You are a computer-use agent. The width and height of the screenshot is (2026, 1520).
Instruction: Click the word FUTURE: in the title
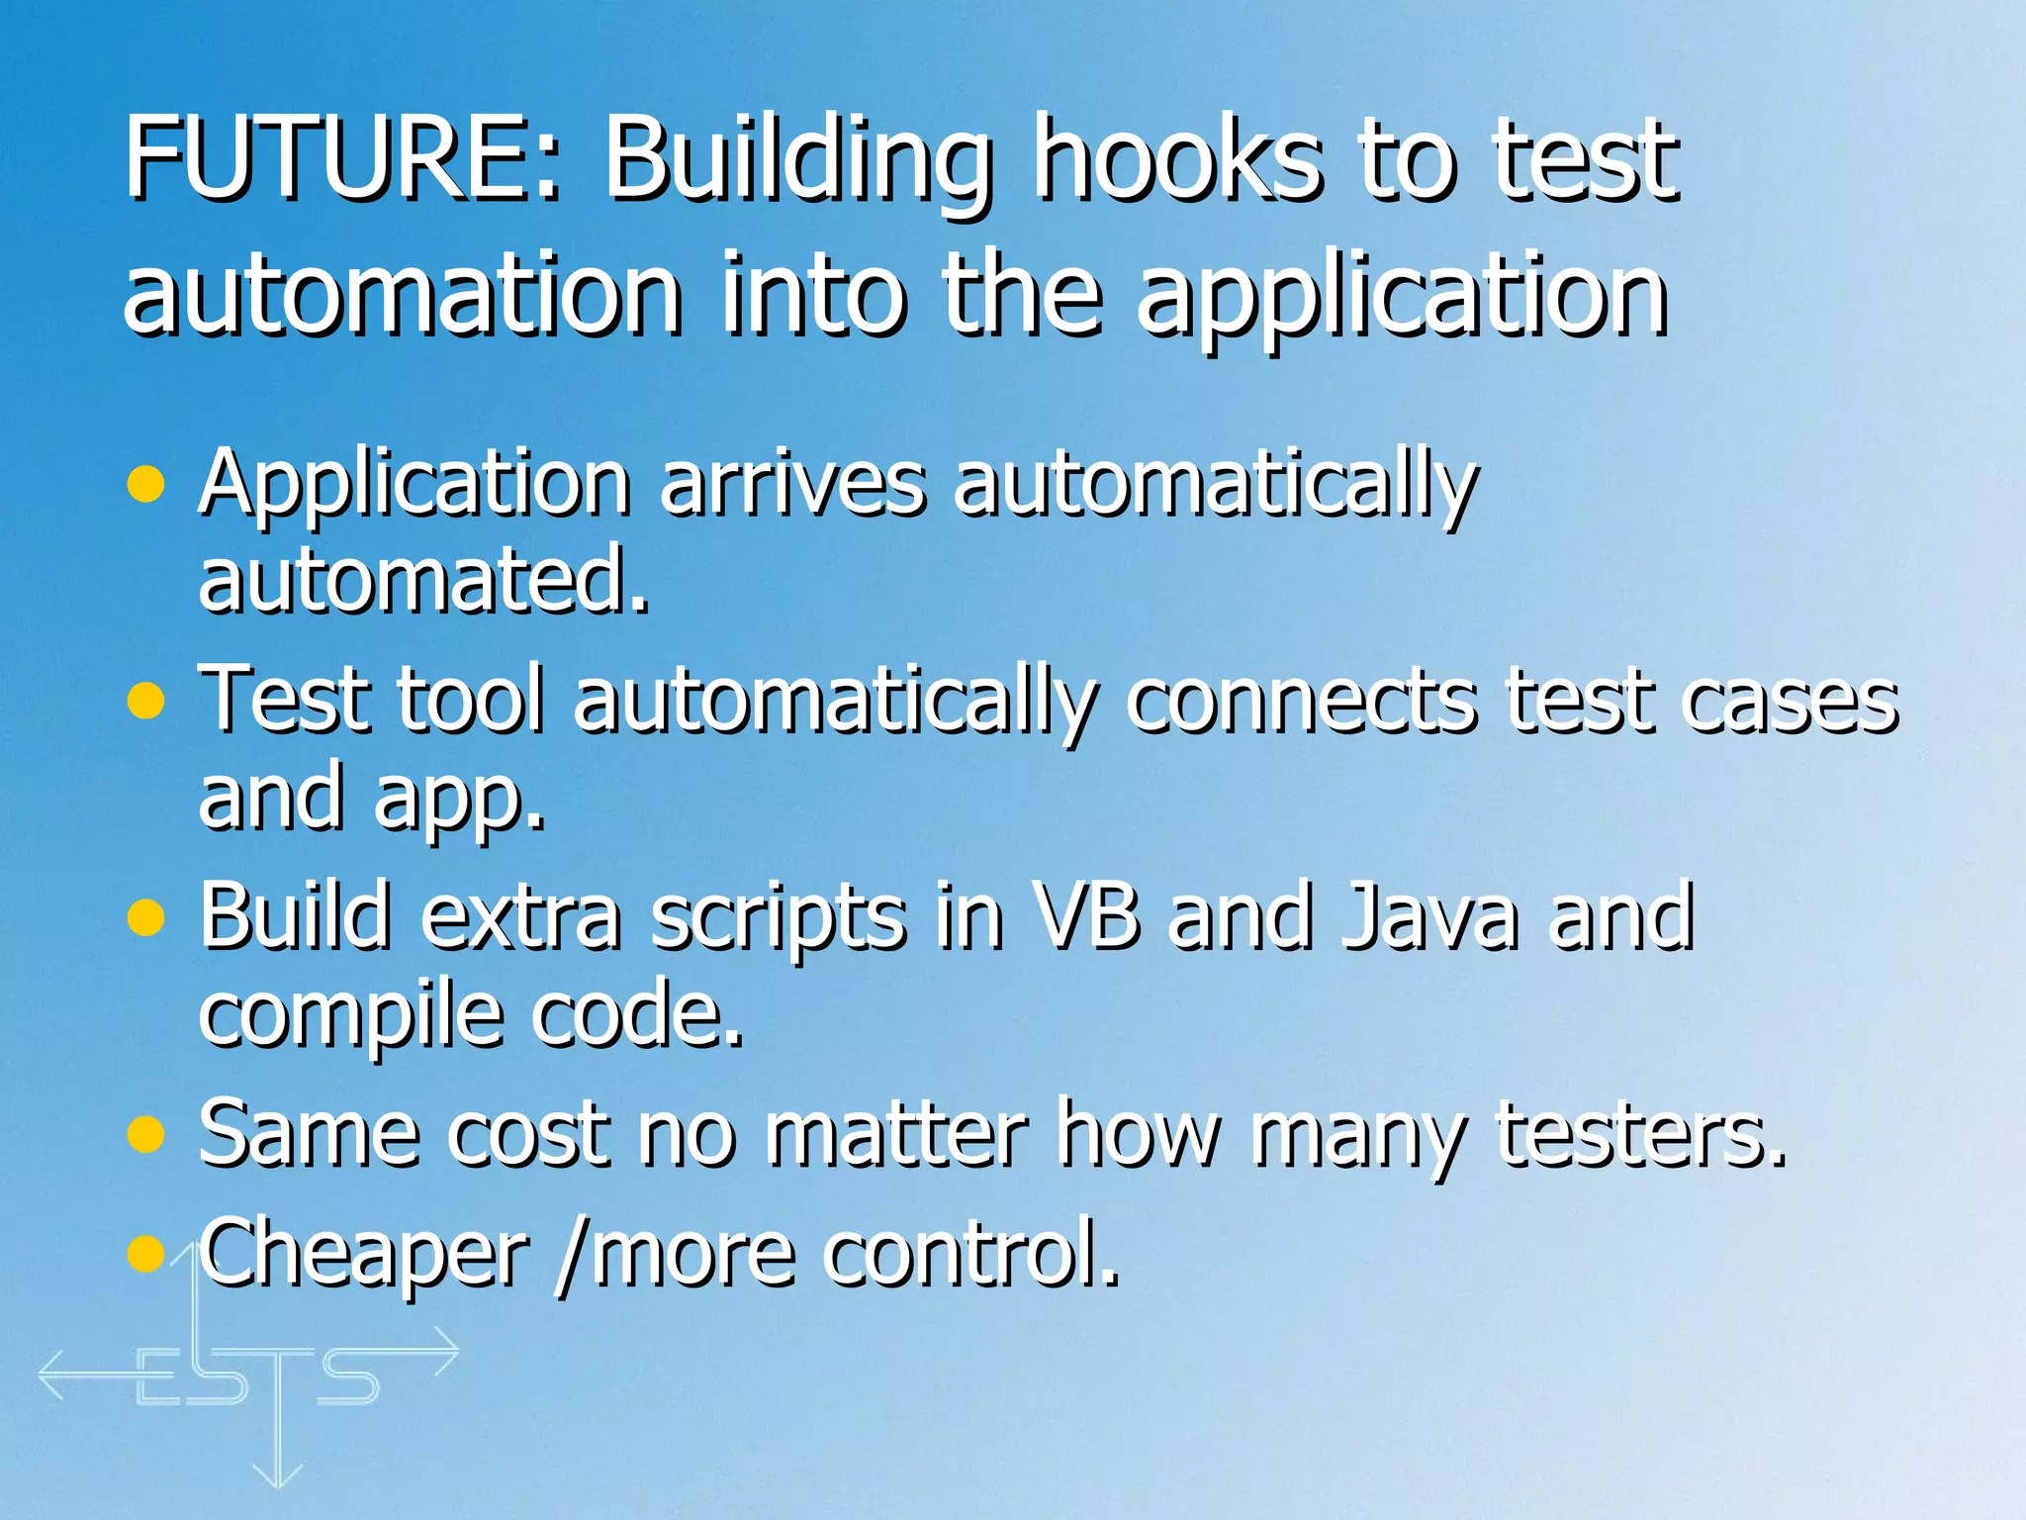pos(342,158)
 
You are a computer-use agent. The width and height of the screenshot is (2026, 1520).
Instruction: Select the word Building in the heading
pos(797,163)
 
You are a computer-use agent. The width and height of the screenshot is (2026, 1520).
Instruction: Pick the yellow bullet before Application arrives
pos(146,485)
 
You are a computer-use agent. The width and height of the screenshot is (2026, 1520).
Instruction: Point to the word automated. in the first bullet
pos(423,581)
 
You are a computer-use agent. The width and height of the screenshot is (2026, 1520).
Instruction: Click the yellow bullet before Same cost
pos(146,1134)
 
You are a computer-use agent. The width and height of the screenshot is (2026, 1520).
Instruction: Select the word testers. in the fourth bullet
pos(1642,1134)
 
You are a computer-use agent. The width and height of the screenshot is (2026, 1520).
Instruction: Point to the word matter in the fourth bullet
pos(895,1134)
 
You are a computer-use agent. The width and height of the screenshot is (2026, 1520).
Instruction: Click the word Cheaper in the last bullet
pos(364,1255)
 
